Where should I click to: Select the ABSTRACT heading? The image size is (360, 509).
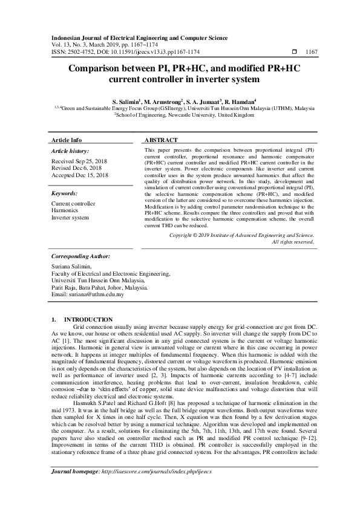coord(161,140)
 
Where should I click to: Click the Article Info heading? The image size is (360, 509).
coord(67,140)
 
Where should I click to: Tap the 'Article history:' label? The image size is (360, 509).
coord(70,151)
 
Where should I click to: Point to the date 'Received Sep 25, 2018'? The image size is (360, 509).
coord(79,162)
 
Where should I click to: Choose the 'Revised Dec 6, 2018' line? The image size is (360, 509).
coord(77,169)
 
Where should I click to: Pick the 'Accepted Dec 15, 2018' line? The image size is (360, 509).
coord(80,175)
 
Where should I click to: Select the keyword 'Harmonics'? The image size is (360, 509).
coord(65,210)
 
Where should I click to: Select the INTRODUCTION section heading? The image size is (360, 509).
coord(88,319)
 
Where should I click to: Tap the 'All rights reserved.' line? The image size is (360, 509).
coord(293,242)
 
